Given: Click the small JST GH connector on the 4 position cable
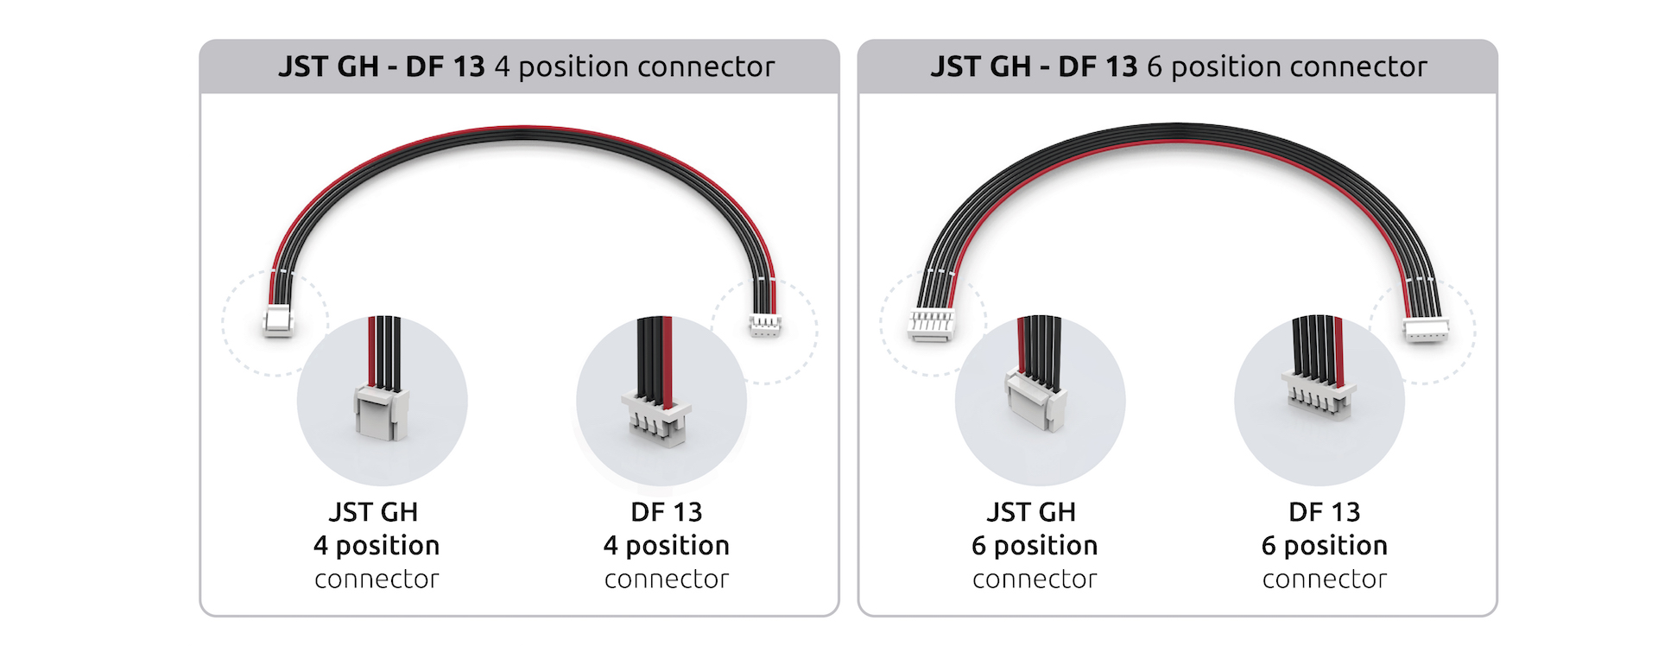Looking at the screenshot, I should click(x=278, y=323).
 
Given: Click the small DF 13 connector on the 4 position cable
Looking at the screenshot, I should click(x=764, y=326).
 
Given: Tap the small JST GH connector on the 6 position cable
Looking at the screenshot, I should click(x=932, y=326).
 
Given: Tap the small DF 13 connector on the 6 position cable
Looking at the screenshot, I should click(x=1426, y=331).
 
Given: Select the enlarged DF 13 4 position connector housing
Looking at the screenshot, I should click(x=656, y=419).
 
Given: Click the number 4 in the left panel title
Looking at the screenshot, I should click(x=502, y=66).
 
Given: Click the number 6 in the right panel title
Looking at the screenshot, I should click(x=1155, y=66).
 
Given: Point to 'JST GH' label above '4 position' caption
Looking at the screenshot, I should click(x=373, y=512).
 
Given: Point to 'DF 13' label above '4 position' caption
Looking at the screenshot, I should click(x=666, y=512).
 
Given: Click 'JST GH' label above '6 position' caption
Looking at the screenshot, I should click(x=1031, y=512).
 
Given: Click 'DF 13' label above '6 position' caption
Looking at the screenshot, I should click(x=1324, y=512).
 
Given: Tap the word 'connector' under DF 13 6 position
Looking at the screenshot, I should click(x=1324, y=579).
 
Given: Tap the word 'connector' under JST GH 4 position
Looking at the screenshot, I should click(x=377, y=579).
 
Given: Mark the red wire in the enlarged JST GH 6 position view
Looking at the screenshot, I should click(x=1023, y=345).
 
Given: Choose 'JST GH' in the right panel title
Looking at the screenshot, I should click(x=980, y=66).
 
